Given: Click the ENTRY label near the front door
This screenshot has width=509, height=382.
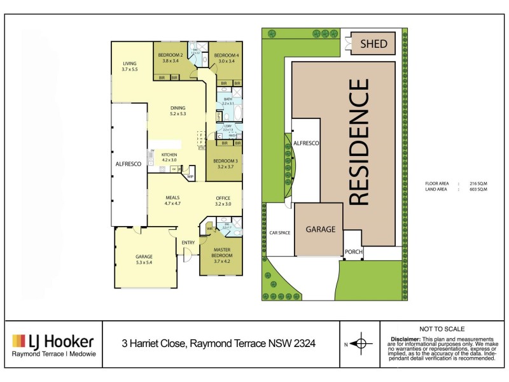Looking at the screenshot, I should coord(188,243).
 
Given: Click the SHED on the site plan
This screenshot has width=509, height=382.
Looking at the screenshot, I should coord(373,43).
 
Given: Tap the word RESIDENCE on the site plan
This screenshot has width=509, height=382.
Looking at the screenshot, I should coord(359,141).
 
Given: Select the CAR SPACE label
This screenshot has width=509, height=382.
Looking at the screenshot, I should coord(280,233).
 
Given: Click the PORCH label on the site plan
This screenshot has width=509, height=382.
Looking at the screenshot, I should coord(353,251).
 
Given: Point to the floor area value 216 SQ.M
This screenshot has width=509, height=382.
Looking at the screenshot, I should coord(478,183).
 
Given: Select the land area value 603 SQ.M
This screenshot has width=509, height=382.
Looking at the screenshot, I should coord(478,190).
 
